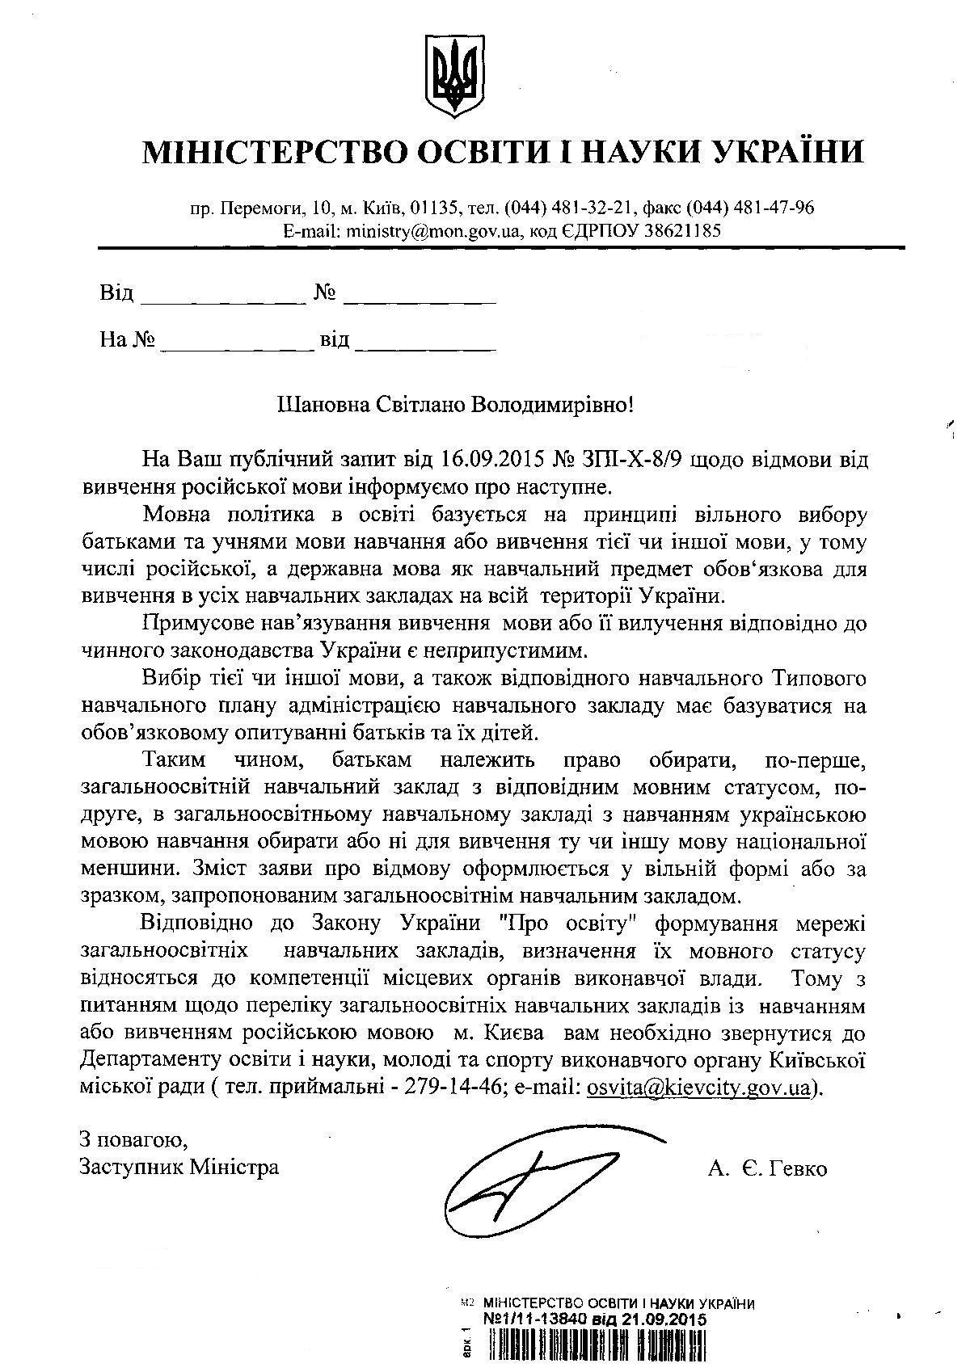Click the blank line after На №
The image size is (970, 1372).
(237, 346)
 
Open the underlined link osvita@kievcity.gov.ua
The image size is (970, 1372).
(698, 1088)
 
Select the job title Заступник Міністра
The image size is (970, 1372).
(179, 1168)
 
